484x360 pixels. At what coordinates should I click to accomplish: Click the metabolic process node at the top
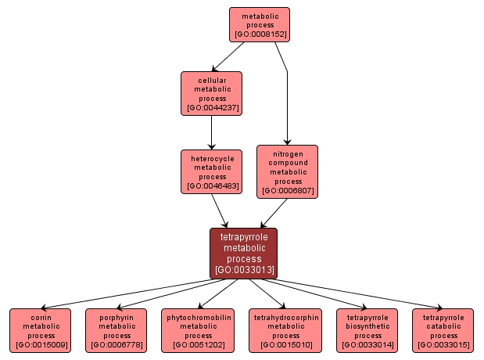(260, 24)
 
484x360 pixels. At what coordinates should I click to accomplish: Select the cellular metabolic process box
(211, 93)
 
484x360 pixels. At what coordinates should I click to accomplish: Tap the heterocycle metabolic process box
(211, 171)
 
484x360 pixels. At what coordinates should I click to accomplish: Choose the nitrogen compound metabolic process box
(288, 171)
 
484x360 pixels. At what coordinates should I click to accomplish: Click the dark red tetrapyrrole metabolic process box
(243, 253)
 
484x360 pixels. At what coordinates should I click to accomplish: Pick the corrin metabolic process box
(40, 330)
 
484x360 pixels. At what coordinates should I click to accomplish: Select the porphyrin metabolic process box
(117, 330)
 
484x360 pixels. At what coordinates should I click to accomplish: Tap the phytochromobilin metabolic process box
(198, 330)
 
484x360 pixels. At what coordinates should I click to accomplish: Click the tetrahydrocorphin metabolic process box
(285, 330)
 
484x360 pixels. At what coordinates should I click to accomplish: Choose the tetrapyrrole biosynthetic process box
(367, 330)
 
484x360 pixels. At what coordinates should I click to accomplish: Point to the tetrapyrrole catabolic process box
(443, 330)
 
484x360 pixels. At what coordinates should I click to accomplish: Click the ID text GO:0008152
(260, 34)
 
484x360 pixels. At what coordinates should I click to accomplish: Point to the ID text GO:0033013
(243, 271)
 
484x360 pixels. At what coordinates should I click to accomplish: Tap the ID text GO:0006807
(288, 191)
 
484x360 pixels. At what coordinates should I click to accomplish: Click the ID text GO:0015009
(40, 345)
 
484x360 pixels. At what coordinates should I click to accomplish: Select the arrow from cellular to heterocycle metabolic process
(211, 132)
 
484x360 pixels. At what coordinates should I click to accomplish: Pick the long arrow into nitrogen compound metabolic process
(287, 102)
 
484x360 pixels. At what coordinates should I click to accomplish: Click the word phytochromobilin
(198, 317)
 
